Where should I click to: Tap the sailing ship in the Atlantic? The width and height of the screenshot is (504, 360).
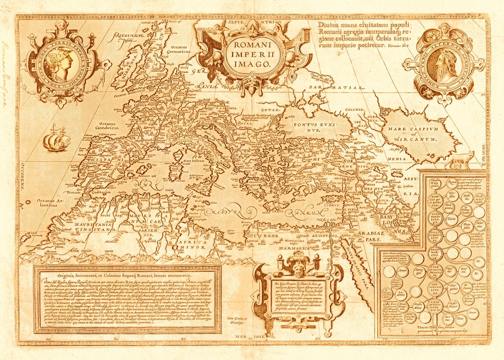click(55, 139)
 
